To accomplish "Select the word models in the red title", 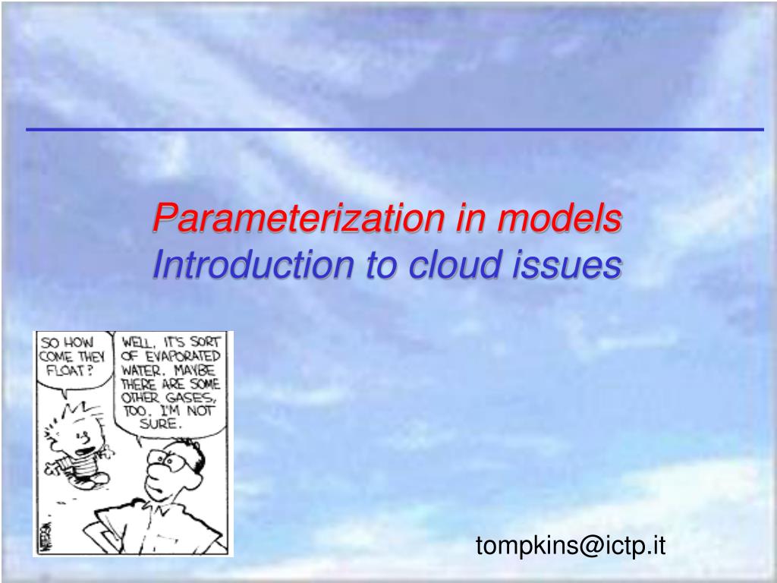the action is (x=559, y=218).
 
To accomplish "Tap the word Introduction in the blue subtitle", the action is (x=253, y=263).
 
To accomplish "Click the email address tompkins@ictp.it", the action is (x=571, y=545).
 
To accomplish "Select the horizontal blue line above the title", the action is (x=395, y=129).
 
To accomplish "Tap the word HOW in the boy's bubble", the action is (x=79, y=342).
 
